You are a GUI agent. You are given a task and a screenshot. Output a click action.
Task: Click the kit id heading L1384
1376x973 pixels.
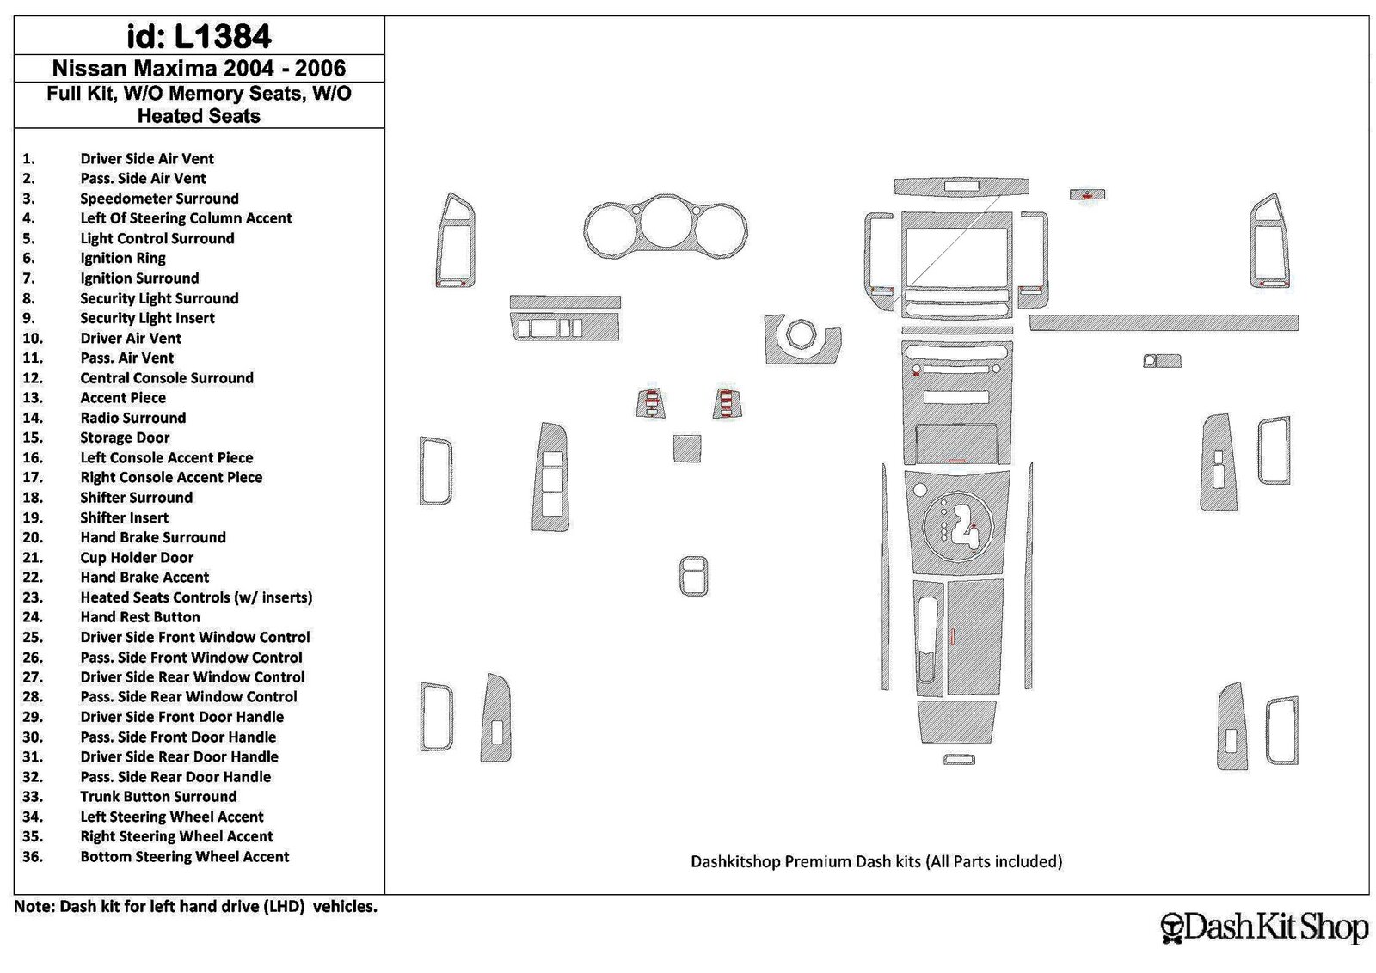coord(199,36)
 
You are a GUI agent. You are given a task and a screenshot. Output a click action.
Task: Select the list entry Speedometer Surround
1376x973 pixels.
coord(159,199)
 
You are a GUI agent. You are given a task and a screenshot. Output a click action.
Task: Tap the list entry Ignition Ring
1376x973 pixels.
coord(123,258)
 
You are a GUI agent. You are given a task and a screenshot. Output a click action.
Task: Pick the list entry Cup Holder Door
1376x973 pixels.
coord(137,557)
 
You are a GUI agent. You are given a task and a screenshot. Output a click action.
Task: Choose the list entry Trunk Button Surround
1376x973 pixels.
coord(158,796)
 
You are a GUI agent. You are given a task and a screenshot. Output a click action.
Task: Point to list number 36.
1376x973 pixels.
coord(33,856)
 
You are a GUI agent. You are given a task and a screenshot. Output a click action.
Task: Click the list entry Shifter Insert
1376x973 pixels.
coord(124,517)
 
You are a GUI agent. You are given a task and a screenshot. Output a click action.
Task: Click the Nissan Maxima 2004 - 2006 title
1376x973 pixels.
coord(199,68)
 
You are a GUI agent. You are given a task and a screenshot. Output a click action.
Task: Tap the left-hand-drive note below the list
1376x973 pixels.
coord(195,906)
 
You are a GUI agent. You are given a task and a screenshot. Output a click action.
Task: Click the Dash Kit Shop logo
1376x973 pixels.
coord(1264,927)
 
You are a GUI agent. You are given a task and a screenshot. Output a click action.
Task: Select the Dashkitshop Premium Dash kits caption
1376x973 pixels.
coord(876,861)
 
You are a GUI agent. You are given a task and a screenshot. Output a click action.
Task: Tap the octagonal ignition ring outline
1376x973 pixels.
coord(802,336)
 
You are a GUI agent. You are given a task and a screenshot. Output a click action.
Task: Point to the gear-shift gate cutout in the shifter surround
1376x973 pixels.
coord(962,530)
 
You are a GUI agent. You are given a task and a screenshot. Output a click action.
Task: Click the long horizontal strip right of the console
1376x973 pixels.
coord(1164,323)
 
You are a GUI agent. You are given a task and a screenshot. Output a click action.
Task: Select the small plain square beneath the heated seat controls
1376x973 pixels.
coord(687,449)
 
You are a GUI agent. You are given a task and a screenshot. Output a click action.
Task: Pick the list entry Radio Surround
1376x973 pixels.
coord(132,418)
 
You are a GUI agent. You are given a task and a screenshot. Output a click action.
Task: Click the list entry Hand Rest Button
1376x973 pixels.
coord(140,617)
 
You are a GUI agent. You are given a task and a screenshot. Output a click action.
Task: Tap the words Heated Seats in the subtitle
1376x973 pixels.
coord(199,116)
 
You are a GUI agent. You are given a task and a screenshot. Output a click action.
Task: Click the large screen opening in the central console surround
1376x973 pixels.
coord(956,258)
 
